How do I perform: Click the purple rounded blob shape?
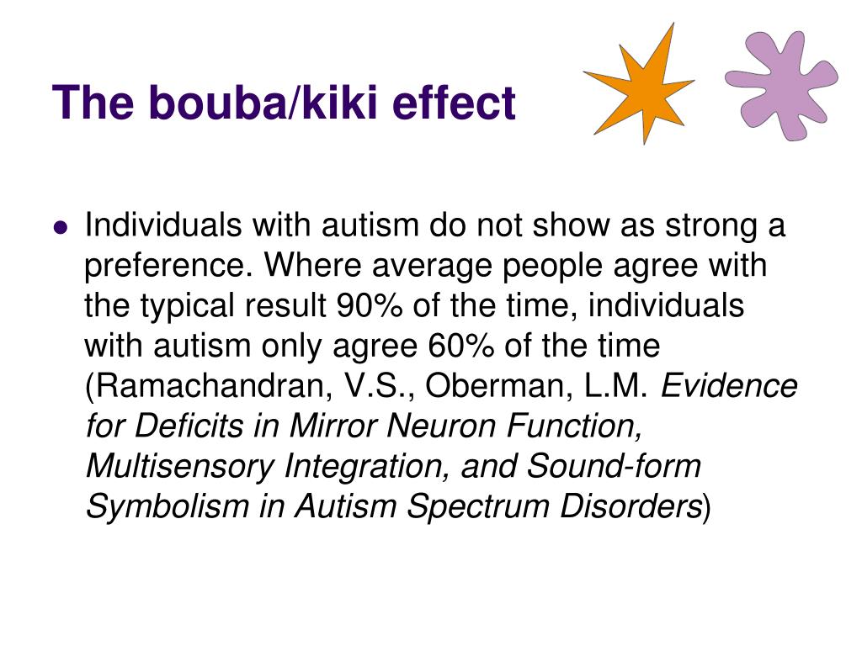coord(780,85)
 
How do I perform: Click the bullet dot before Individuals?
coord(61,226)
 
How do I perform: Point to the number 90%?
coord(369,305)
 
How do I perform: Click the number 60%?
coord(460,346)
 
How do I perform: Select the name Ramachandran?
coord(210,385)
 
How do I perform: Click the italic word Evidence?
coord(729,385)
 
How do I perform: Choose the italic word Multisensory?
coord(179,467)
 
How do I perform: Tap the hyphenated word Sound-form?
coord(614,466)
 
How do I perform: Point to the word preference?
coord(168,267)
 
